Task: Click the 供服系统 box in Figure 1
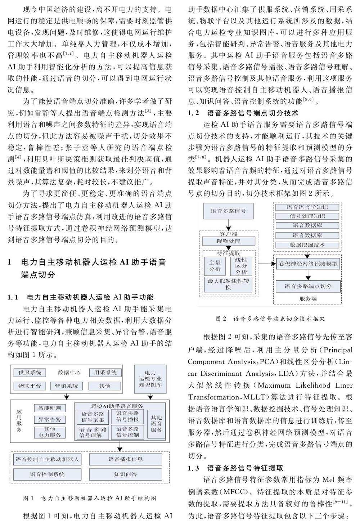(x=30, y=373)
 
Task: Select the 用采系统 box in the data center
(x=105, y=373)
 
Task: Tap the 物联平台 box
(x=30, y=386)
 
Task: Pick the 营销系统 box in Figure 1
(x=66, y=386)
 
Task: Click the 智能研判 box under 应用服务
(x=50, y=408)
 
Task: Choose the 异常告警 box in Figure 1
(x=50, y=419)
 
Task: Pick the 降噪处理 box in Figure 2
(x=228, y=241)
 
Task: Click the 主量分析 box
(x=215, y=266)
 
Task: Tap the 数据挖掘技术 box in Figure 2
(x=307, y=245)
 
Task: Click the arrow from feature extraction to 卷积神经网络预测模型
(x=266, y=264)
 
